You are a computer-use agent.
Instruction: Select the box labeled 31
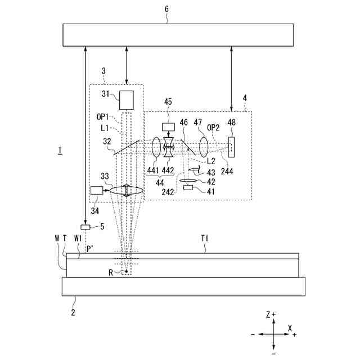point(127,100)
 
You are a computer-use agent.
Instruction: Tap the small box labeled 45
point(169,127)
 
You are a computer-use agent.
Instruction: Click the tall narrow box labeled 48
point(232,147)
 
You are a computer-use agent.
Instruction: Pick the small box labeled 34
point(96,191)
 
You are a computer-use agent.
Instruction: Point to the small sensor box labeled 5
point(85,227)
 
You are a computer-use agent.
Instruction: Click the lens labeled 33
point(127,191)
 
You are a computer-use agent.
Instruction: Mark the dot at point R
point(127,272)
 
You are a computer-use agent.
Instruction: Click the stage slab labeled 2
point(183,286)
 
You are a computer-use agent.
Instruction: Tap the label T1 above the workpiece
point(206,238)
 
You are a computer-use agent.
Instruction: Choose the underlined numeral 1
point(58,150)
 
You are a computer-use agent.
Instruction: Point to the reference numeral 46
point(184,123)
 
